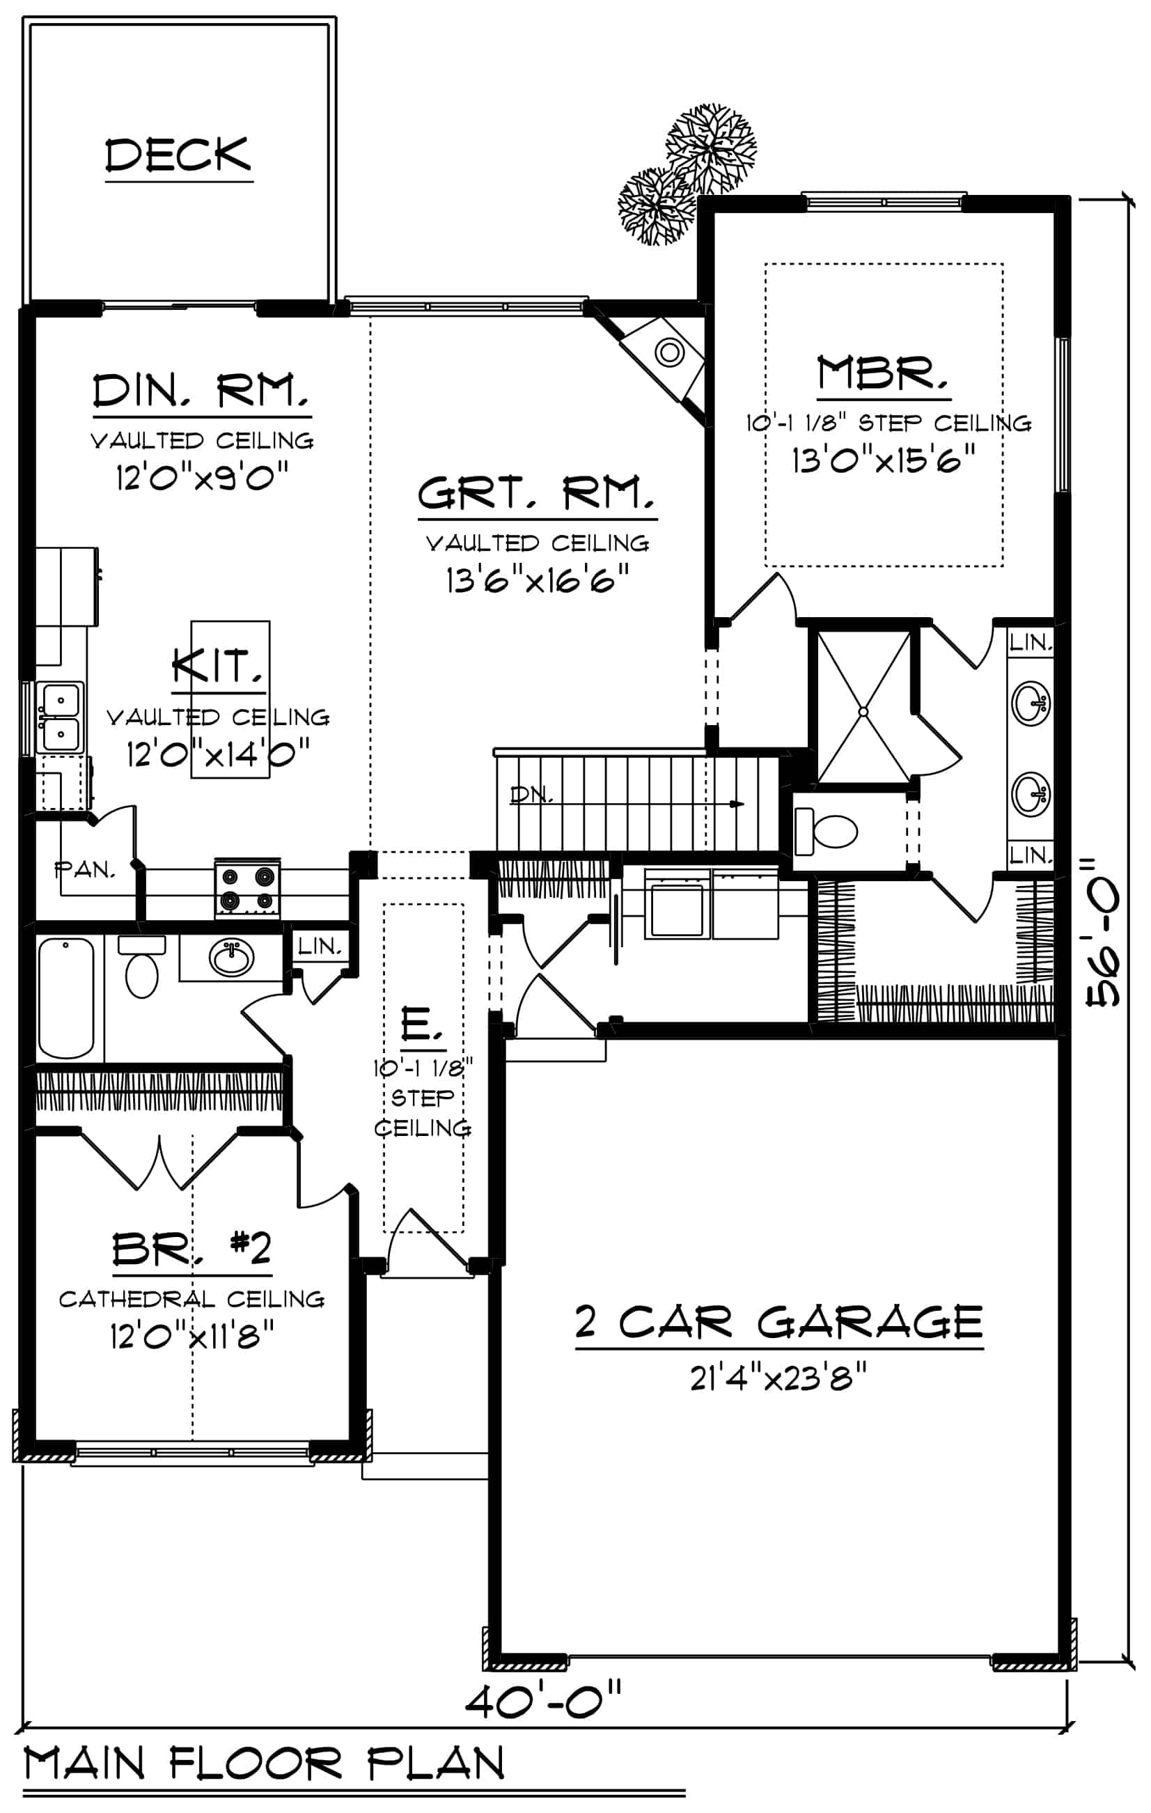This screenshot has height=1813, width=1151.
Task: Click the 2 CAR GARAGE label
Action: tap(779, 1323)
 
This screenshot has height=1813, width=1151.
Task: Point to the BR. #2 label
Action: tap(192, 1250)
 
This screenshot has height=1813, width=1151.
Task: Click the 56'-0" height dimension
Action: tap(1104, 930)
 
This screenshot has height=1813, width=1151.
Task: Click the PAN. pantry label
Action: tap(85, 871)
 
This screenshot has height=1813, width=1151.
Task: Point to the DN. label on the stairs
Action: tap(531, 794)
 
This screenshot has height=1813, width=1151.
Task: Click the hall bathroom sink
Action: tap(231, 958)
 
